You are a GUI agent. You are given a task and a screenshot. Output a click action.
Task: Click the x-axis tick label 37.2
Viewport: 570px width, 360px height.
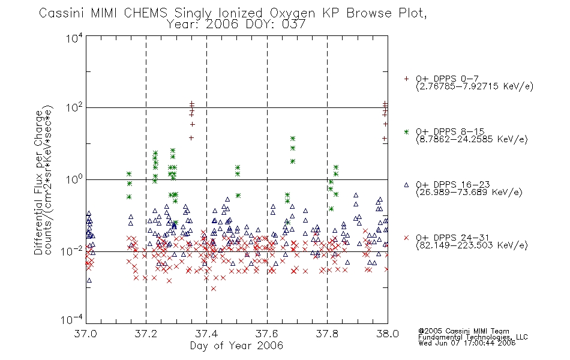point(146,334)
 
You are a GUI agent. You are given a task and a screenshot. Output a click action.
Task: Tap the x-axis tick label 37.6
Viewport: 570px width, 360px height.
point(267,334)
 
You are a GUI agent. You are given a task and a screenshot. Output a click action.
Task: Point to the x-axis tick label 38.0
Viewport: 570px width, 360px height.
point(388,334)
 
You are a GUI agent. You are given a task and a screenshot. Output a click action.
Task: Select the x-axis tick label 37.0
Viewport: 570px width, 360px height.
point(85,334)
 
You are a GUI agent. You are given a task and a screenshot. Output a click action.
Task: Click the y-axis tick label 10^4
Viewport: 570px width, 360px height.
point(74,38)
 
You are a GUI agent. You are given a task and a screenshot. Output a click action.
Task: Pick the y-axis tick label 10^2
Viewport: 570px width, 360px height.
point(74,108)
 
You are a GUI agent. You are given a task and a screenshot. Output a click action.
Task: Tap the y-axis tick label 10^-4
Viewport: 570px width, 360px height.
point(72,319)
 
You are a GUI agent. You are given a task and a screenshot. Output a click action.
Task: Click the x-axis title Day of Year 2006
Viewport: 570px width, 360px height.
point(236,346)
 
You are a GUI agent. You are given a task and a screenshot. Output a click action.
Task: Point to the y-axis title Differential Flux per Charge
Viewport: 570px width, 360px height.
point(38,182)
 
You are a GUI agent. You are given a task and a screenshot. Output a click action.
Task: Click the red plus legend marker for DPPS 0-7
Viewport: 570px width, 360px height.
point(406,79)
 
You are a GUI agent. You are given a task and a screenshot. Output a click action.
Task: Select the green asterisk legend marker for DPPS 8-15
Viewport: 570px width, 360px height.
point(406,132)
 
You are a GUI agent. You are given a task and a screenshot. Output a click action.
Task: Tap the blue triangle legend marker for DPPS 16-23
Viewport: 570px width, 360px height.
point(406,185)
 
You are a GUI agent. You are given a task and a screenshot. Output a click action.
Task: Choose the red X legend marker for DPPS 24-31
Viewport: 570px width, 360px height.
point(406,238)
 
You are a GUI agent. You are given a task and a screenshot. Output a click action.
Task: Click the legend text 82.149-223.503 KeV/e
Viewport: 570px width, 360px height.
point(472,245)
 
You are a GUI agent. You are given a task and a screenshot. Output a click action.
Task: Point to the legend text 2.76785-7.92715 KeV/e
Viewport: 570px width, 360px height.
point(475,86)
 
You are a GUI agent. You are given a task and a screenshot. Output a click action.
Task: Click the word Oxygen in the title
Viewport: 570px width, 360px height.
point(292,13)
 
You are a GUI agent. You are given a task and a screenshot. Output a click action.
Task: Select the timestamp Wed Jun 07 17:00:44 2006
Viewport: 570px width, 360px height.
point(467,343)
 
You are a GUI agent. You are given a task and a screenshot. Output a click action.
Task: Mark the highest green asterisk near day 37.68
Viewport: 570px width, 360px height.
point(293,139)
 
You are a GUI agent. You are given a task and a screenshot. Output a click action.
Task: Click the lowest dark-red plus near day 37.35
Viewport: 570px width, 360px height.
point(191,138)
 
